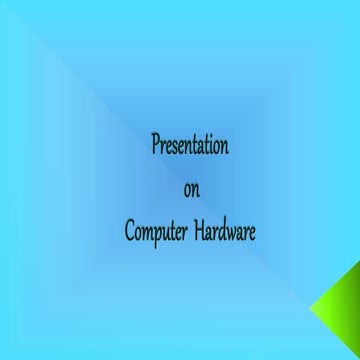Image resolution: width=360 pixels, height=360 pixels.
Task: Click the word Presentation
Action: click(x=190, y=145)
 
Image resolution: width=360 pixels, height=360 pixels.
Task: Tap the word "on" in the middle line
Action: click(x=190, y=190)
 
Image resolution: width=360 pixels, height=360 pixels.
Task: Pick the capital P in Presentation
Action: click(x=155, y=145)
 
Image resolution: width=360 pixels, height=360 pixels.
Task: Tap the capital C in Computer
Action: click(x=129, y=232)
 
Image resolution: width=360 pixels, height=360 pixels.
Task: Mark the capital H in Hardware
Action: click(x=195, y=232)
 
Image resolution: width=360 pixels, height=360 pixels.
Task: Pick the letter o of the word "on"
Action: click(x=186, y=191)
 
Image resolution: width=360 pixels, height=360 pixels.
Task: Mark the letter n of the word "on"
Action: click(x=194, y=191)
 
